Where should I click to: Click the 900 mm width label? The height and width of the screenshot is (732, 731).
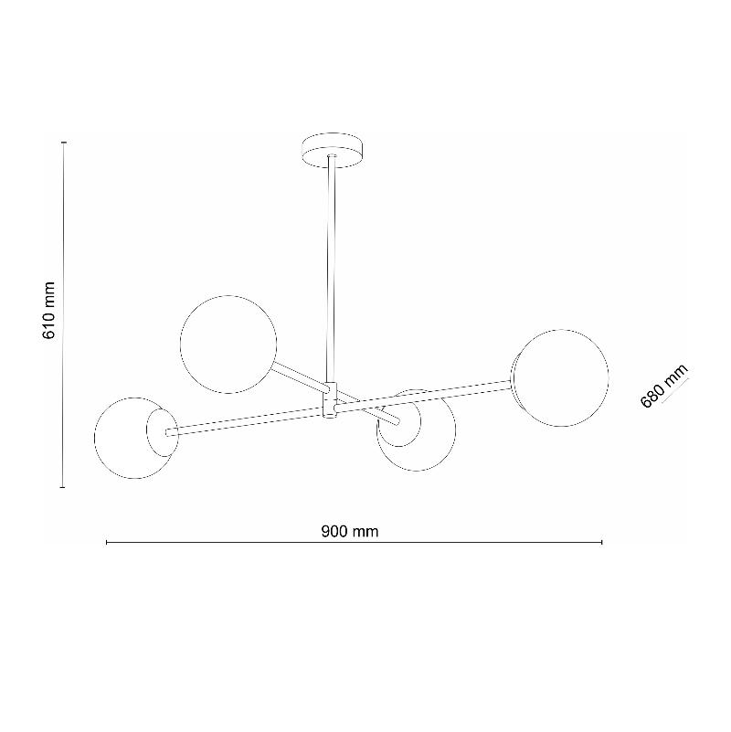click(350, 532)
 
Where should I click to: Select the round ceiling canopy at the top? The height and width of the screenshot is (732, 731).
click(333, 151)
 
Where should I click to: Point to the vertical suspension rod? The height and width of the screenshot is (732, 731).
click(333, 274)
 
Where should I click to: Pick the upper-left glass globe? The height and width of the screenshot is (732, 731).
click(228, 345)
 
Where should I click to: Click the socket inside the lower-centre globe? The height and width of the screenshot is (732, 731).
click(396, 423)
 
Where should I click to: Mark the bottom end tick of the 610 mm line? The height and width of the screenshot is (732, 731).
click(63, 487)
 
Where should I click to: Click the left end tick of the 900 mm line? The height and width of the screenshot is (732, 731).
click(107, 543)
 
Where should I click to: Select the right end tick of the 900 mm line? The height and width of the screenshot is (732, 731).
click(602, 543)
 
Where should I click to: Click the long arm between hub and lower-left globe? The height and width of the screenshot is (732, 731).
click(247, 419)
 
